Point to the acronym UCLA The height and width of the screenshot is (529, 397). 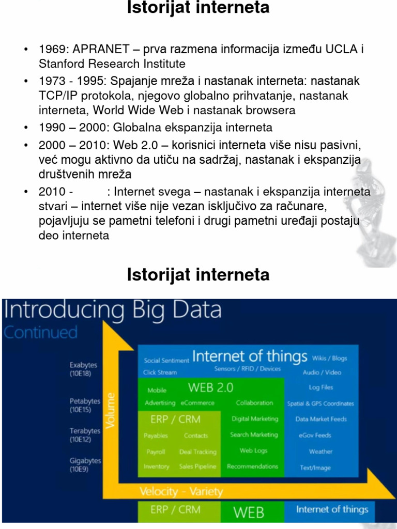(x=342, y=50)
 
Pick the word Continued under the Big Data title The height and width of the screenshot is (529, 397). (x=40, y=332)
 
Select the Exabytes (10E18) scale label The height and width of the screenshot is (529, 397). (x=84, y=369)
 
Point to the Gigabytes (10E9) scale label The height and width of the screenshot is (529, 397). (x=85, y=464)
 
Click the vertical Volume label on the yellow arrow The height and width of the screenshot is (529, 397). (x=110, y=410)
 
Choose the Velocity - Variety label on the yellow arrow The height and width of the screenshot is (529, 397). (x=181, y=492)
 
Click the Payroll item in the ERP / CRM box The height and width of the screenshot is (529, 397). (x=156, y=452)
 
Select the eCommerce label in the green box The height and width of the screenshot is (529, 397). (x=197, y=403)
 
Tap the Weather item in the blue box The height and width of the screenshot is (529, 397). (x=320, y=452)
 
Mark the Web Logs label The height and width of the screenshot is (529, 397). (x=253, y=450)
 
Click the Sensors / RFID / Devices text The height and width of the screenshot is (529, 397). (x=248, y=369)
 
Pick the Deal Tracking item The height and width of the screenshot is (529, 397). (x=197, y=452)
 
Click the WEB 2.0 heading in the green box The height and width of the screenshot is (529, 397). (x=210, y=387)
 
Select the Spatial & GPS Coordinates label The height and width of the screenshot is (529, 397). (x=320, y=403)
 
